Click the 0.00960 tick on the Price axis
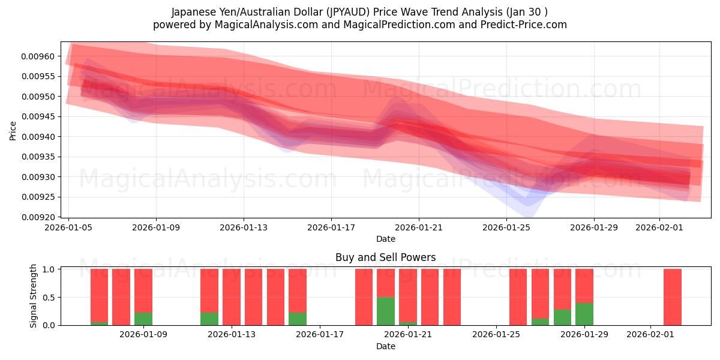[x=38, y=56]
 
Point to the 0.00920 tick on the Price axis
[x=38, y=217]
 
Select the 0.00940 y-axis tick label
[x=38, y=137]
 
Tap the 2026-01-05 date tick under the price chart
[x=69, y=227]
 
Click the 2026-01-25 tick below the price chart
[x=507, y=227]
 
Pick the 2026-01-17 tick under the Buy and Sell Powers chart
[x=320, y=334]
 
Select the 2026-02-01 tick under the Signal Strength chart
[x=650, y=334]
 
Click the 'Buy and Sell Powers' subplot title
[x=385, y=257]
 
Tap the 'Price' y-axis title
[x=13, y=130]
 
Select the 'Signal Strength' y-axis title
[x=34, y=296]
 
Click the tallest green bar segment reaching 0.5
[x=386, y=311]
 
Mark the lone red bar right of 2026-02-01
[x=673, y=297]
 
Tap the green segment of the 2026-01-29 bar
[x=584, y=314]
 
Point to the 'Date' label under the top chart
[x=385, y=239]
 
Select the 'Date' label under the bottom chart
[x=385, y=346]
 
